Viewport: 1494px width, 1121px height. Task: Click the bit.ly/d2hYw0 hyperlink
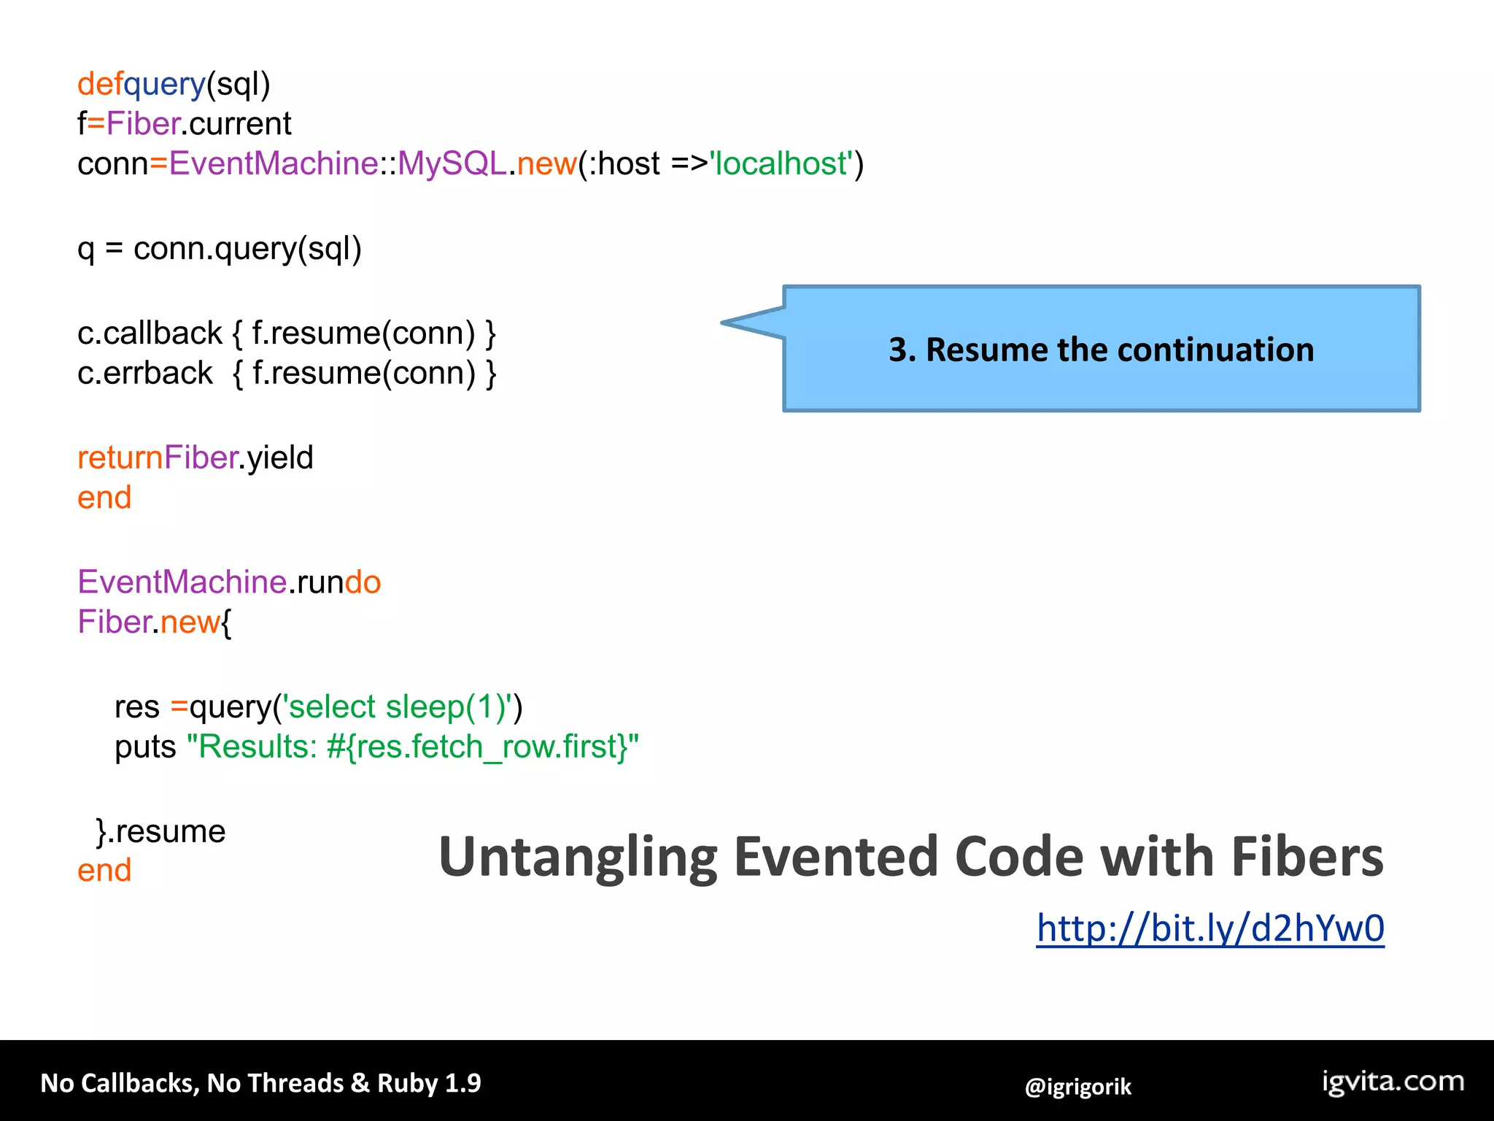(1209, 928)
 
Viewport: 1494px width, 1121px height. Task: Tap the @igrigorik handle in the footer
(1077, 1087)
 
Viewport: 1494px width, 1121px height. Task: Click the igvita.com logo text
(1393, 1081)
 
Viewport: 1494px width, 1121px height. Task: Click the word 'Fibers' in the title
(1307, 857)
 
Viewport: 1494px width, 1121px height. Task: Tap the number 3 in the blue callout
(897, 350)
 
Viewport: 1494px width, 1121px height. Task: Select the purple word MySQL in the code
(452, 163)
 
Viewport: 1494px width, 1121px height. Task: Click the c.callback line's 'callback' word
(163, 334)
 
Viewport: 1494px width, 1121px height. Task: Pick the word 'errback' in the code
(158, 374)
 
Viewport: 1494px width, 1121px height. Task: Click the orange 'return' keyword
(120, 458)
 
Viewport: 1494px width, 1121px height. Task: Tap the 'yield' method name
(280, 458)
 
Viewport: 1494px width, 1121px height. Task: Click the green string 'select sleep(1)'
(401, 706)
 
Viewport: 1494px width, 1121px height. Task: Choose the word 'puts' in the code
(145, 747)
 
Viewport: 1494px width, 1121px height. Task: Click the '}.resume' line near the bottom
(161, 831)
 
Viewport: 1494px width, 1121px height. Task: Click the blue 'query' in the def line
(165, 84)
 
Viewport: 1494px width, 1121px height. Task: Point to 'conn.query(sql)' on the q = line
(247, 249)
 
